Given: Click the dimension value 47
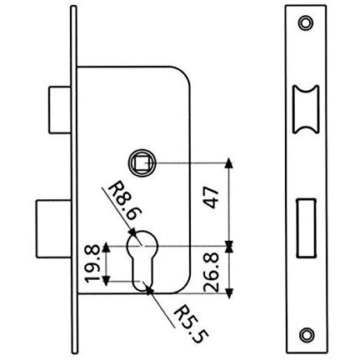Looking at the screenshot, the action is [211, 197].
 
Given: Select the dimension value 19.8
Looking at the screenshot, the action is [92, 263].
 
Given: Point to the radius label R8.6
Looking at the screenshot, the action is [125, 201].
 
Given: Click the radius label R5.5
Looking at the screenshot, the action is [192, 324].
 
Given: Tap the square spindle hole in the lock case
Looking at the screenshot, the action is [142, 162].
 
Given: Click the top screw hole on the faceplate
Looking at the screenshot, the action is [306, 23].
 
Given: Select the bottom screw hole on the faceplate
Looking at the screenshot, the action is [307, 334].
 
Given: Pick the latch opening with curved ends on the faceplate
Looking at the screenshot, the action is [306, 109].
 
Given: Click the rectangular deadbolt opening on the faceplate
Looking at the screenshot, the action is [307, 228].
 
